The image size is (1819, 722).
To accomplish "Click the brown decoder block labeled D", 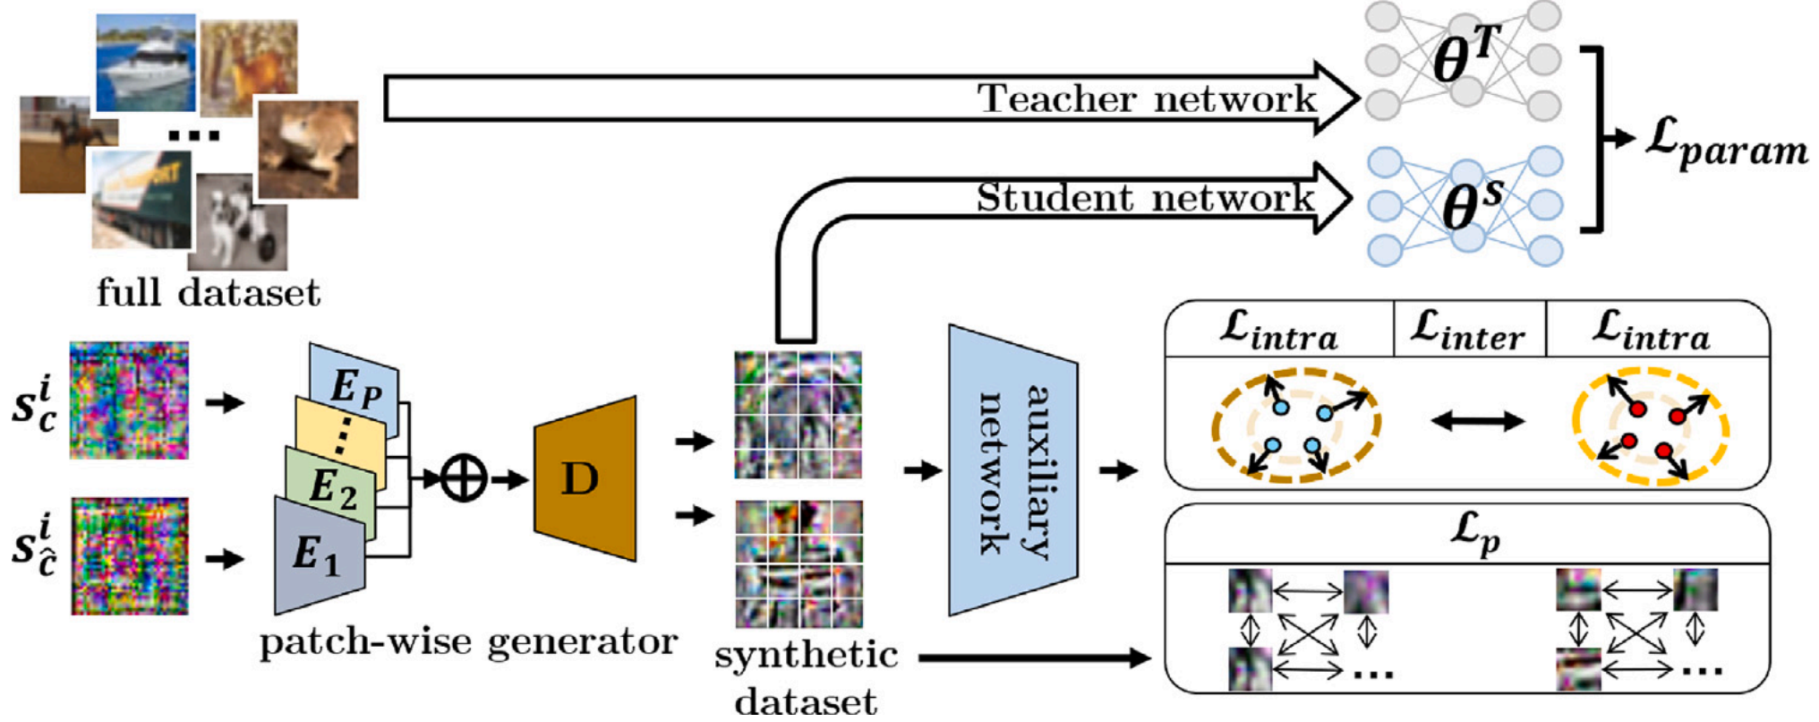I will (x=585, y=478).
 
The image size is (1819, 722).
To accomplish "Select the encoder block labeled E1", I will (x=318, y=555).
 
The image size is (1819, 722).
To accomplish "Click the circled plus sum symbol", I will (x=463, y=478).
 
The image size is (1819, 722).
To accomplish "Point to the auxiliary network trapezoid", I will (x=1012, y=470).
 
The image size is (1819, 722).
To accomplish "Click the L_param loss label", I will (x=1726, y=142).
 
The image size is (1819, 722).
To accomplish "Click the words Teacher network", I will (x=1147, y=99).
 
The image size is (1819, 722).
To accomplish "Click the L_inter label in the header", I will (x=1467, y=331).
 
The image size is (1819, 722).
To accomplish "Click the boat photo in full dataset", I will (x=146, y=62).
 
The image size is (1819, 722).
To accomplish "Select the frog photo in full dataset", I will (x=307, y=149).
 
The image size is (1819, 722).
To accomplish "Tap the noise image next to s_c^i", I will (x=130, y=400).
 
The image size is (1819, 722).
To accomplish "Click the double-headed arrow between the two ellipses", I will (x=1477, y=421).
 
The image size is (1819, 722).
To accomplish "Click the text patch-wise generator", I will (x=467, y=641).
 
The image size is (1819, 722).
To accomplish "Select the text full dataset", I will (x=208, y=293).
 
